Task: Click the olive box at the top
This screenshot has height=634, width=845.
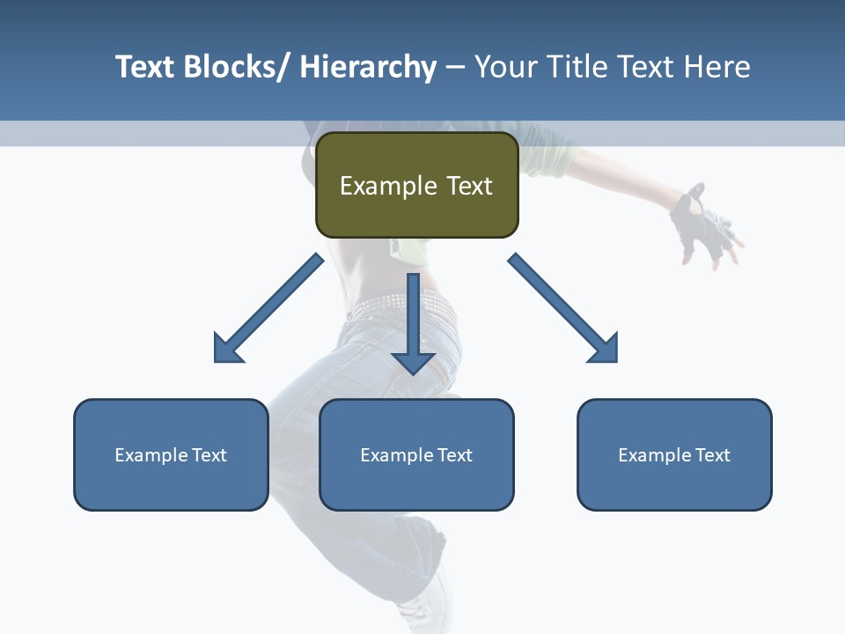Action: click(x=416, y=185)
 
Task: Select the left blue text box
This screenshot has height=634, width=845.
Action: click(x=171, y=454)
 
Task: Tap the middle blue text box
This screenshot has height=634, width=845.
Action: click(x=416, y=454)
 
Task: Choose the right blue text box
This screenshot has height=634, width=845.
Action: click(x=674, y=454)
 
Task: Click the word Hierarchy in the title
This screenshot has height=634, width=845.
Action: click(x=368, y=67)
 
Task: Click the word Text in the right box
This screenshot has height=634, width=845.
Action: click(x=711, y=455)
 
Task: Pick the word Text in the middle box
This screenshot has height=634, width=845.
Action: click(x=454, y=455)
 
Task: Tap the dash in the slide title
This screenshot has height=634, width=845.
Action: click(x=455, y=67)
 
